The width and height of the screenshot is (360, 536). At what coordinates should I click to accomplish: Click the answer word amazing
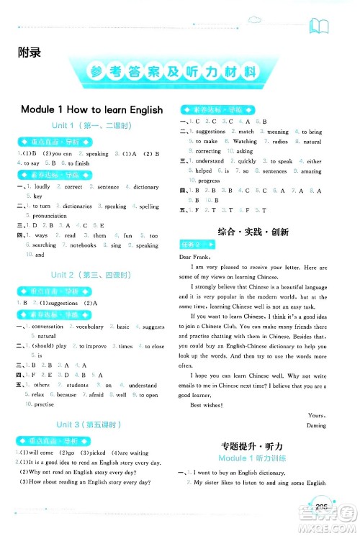pos(311,171)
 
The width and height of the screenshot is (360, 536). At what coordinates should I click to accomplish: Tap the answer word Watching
pos(245,142)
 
